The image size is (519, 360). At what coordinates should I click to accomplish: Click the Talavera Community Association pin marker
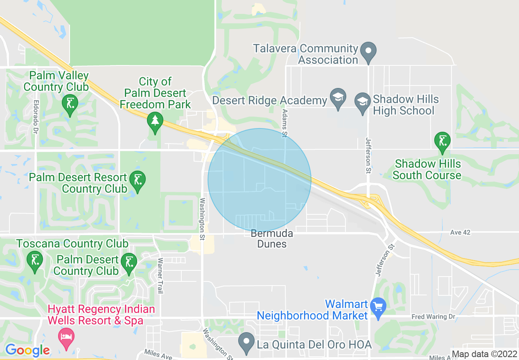(x=368, y=52)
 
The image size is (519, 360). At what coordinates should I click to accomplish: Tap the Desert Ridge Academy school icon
(x=338, y=98)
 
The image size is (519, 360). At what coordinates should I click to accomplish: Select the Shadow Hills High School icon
(x=363, y=100)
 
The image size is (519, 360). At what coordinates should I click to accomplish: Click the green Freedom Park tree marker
(x=155, y=121)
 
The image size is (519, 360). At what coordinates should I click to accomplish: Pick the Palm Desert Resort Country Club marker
(x=137, y=180)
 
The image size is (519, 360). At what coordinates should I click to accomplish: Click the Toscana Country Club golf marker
(x=34, y=260)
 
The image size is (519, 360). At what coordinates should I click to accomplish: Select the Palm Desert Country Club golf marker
(x=129, y=262)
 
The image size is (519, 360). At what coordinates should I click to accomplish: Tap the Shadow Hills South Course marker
(x=442, y=141)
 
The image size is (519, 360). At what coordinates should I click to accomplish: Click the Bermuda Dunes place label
(x=272, y=239)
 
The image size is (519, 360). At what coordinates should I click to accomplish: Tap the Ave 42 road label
(x=460, y=232)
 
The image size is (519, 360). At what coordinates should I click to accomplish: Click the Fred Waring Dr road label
(x=433, y=317)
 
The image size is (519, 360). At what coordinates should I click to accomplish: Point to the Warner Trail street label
(x=160, y=275)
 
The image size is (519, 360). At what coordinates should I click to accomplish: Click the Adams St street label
(x=284, y=123)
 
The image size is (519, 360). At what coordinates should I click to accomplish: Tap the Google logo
(x=27, y=350)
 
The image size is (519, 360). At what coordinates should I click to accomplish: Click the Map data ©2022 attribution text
(x=484, y=354)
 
